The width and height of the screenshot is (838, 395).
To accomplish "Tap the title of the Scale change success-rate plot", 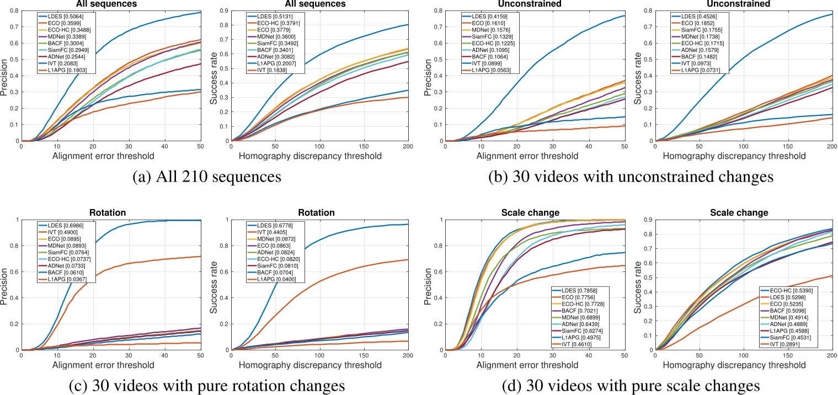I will (x=747, y=212).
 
